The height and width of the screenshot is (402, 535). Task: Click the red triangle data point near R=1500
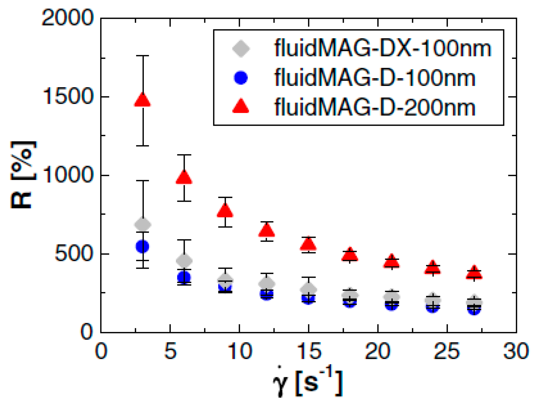click(x=142, y=100)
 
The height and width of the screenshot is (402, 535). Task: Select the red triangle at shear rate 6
click(x=184, y=178)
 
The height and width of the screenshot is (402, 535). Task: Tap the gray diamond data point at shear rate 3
click(x=143, y=225)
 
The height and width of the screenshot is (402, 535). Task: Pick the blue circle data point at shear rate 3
click(x=142, y=246)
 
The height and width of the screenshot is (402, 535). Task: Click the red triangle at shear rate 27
click(x=474, y=273)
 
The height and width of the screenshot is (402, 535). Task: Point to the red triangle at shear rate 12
click(x=267, y=230)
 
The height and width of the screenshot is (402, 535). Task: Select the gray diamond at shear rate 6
click(x=184, y=260)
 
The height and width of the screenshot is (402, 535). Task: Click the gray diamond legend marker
click(x=241, y=49)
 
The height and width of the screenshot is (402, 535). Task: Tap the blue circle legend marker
click(x=241, y=78)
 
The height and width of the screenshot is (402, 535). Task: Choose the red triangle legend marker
click(x=241, y=106)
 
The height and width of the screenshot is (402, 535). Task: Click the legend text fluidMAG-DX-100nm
click(x=382, y=49)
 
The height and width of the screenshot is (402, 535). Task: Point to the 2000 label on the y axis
click(x=67, y=18)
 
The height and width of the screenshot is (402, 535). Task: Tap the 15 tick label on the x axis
click(x=309, y=351)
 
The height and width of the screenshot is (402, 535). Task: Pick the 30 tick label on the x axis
click(x=516, y=351)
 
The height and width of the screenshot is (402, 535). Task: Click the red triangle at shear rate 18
click(x=350, y=254)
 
